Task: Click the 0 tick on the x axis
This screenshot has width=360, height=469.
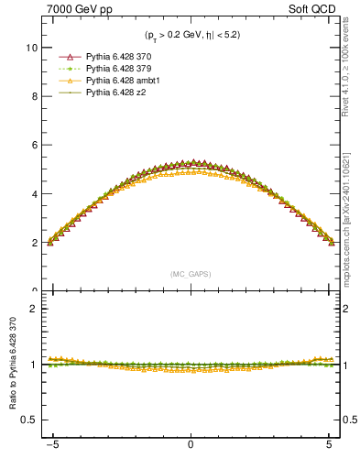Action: tap(191, 450)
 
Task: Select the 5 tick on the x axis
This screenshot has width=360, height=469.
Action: tap(330, 450)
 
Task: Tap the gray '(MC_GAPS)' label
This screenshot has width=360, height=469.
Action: tap(191, 274)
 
